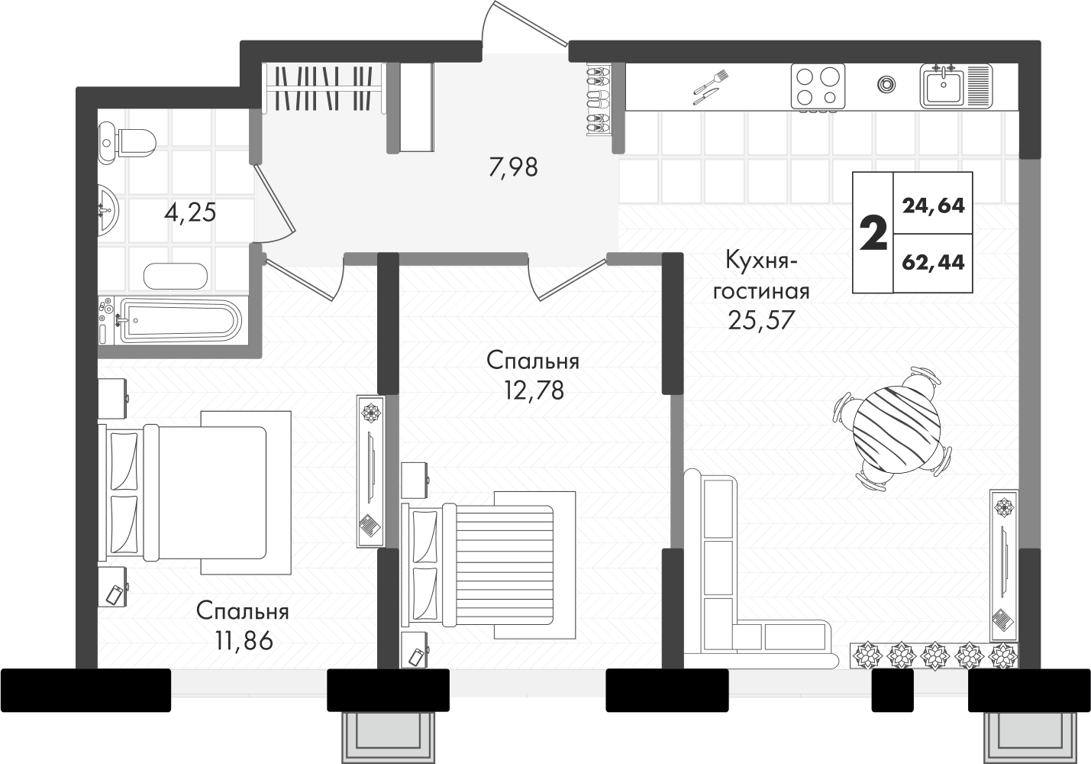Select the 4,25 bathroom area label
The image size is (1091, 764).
coord(190,213)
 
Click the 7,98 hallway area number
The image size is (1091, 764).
coord(513,167)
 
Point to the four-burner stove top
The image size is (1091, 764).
coord(818,86)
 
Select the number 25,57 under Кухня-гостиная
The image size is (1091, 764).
coord(762,320)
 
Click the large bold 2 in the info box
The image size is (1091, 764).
coord(873,233)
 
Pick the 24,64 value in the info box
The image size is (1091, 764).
coord(933,206)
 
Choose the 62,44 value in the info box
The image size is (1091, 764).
coord(933,263)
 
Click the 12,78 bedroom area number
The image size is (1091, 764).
coord(534,390)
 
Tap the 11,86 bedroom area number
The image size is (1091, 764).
coord(244,641)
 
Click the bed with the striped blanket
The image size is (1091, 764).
coord(488,565)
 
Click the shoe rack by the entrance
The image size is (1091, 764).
coord(598,101)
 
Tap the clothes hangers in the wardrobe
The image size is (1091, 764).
coord(324,88)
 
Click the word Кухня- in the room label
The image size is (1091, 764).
coord(761,261)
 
